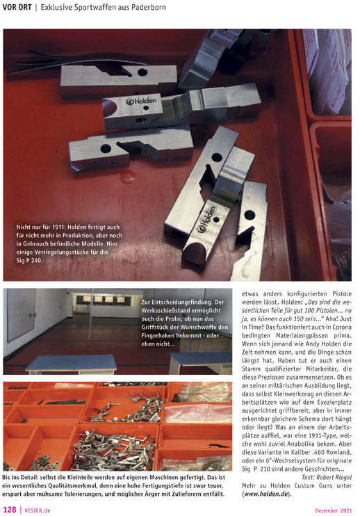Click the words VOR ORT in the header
click(x=17, y=7)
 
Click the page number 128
click(x=10, y=510)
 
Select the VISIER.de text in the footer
click(x=38, y=510)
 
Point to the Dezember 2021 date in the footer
click(x=334, y=510)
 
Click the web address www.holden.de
click(x=266, y=494)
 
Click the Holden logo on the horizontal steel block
click(x=141, y=101)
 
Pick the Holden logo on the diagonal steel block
click(x=207, y=219)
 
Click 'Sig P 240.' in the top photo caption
click(x=29, y=260)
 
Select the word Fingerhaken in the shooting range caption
click(x=158, y=336)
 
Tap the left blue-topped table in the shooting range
click(x=72, y=364)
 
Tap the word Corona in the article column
click(x=341, y=327)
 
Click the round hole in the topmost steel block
click(x=142, y=72)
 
